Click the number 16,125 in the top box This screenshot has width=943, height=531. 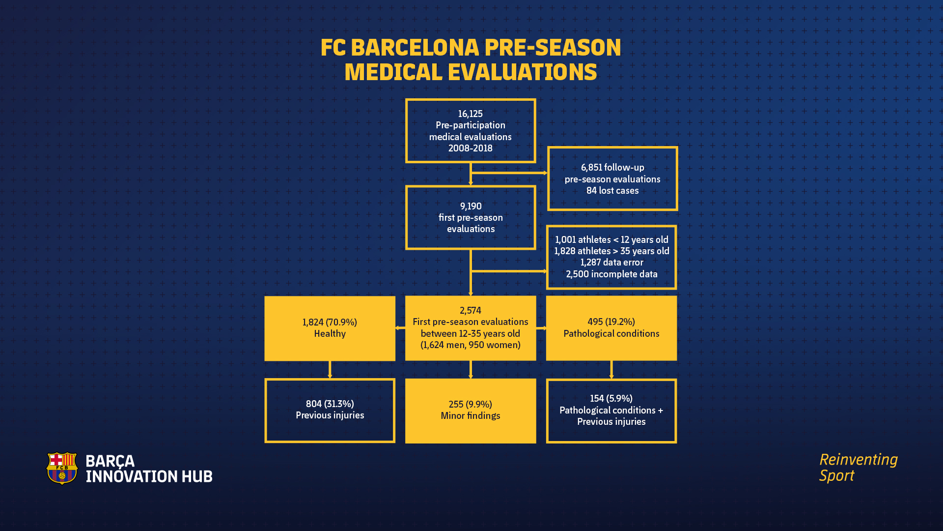470,114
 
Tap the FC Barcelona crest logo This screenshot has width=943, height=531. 62,468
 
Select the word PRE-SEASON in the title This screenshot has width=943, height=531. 553,48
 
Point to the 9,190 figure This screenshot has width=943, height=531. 471,206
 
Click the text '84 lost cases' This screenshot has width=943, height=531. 612,191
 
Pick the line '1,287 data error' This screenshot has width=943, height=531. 611,263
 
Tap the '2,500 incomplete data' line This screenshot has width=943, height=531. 611,274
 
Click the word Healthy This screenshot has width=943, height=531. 330,334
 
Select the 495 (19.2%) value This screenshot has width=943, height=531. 611,322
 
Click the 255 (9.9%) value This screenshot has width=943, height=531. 470,404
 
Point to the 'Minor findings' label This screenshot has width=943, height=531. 470,416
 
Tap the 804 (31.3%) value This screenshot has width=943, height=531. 330,404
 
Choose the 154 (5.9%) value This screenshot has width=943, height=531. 611,398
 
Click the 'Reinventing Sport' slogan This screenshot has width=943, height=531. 858,468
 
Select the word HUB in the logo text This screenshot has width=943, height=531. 197,476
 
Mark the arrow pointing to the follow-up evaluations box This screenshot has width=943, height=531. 509,173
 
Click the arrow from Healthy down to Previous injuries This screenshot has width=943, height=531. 330,370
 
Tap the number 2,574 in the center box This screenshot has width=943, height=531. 470,310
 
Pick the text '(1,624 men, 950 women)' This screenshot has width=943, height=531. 470,345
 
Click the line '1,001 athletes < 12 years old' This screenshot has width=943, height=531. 611,240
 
